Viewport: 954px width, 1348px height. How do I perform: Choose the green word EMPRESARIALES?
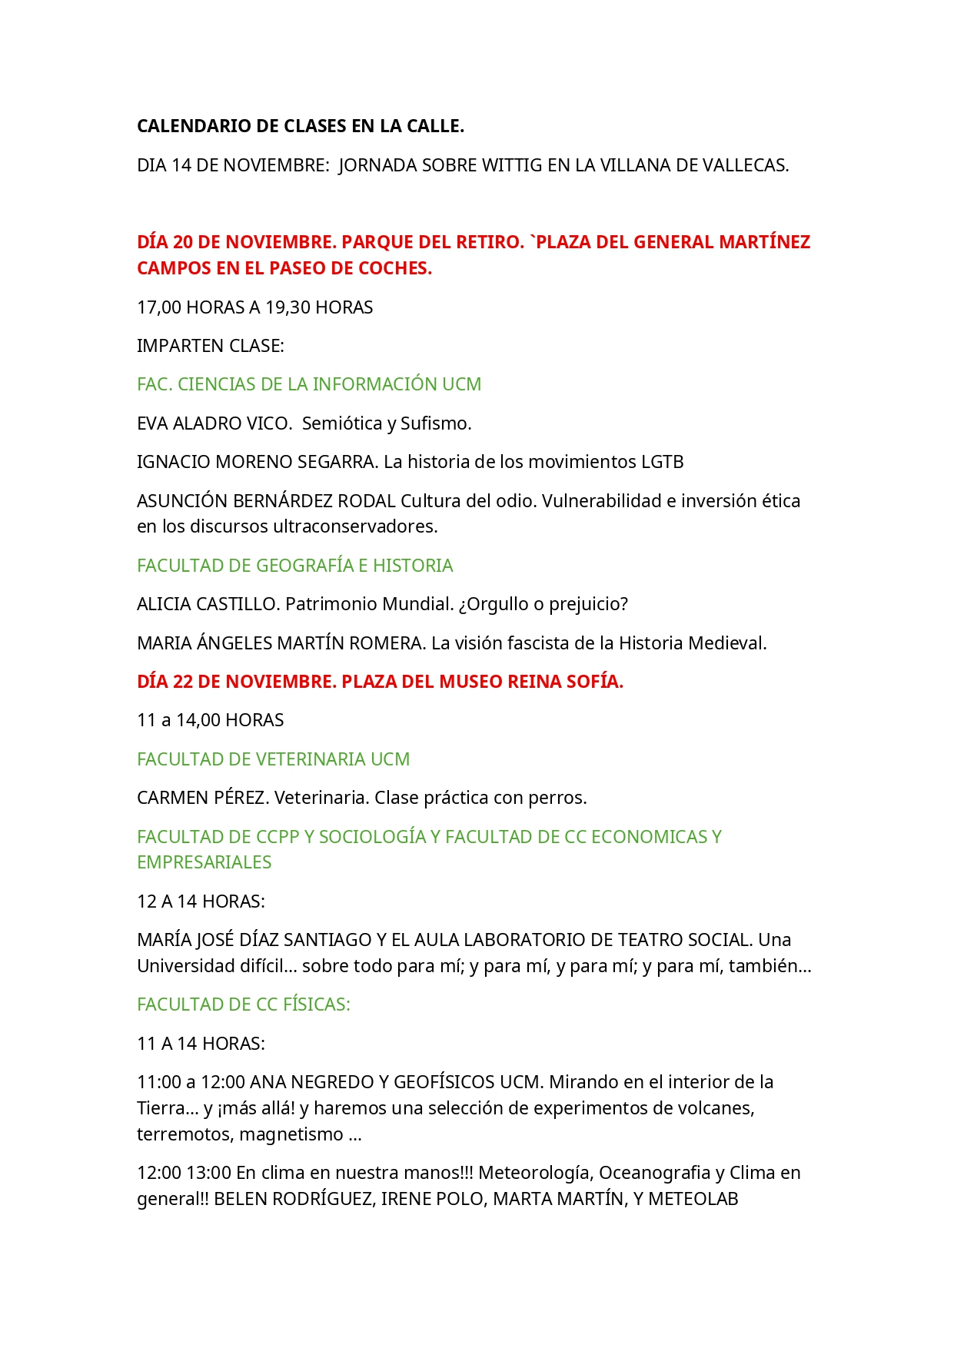204,862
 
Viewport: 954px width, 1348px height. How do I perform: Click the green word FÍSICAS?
315,1004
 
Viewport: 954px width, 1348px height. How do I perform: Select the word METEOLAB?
693,1199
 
